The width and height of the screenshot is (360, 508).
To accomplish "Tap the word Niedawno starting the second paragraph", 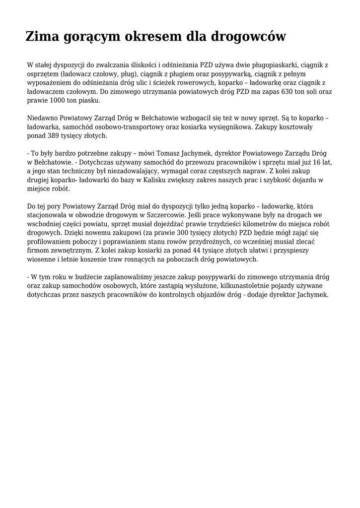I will tap(42, 118).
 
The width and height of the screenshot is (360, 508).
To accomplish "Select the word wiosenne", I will tap(41, 259).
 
